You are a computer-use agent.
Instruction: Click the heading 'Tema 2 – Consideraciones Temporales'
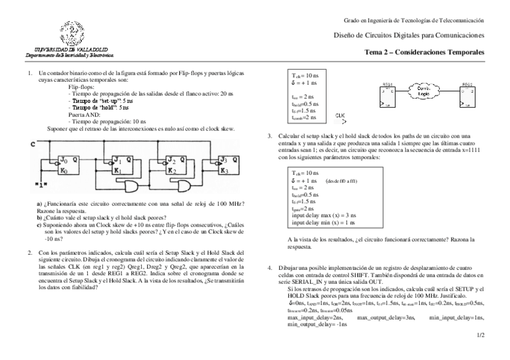click(x=424, y=53)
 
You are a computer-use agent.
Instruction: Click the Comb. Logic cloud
click(x=423, y=91)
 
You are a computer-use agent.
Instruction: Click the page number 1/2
click(x=480, y=335)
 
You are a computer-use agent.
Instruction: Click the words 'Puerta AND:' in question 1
click(x=85, y=114)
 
